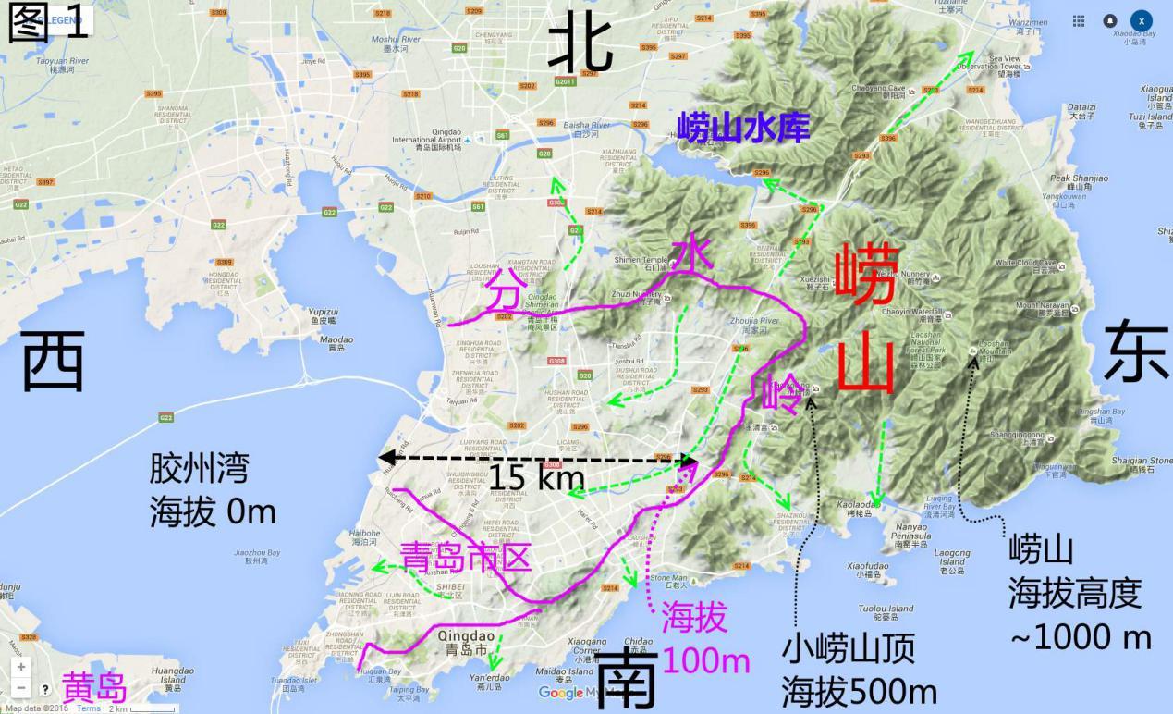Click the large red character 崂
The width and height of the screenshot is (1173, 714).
pyautogui.click(x=866, y=275)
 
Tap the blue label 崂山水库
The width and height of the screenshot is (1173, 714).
pyautogui.click(x=743, y=127)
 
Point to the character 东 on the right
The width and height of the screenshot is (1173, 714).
pyautogui.click(x=1134, y=351)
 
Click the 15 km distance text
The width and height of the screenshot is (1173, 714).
pyautogui.click(x=536, y=477)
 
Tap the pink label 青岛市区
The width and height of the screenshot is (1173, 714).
pyautogui.click(x=465, y=557)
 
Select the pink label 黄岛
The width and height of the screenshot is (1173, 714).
pyautogui.click(x=93, y=687)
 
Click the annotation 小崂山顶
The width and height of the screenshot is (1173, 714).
pyautogui.click(x=848, y=650)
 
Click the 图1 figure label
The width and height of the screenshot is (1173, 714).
pyautogui.click(x=49, y=22)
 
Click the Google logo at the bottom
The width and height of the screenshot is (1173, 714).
pyautogui.click(x=560, y=693)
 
